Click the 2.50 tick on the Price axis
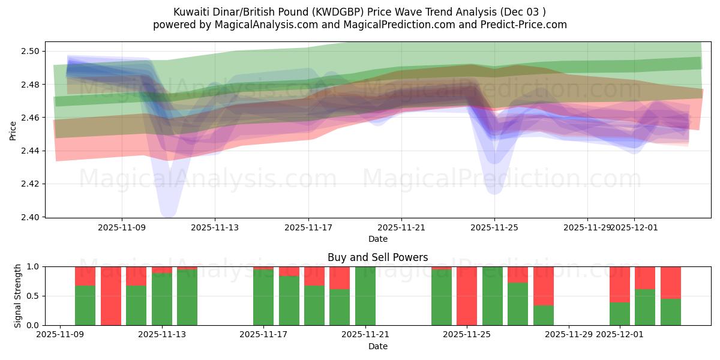(x=31, y=51)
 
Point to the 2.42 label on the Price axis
(x=31, y=184)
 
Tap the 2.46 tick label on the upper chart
(x=31, y=118)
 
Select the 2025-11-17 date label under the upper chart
(x=308, y=227)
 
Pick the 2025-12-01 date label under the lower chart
(x=619, y=335)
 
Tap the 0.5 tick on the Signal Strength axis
(x=33, y=296)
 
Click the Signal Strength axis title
(x=18, y=295)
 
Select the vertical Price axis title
(x=13, y=130)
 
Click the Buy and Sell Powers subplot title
(x=377, y=257)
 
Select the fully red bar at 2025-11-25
(x=467, y=296)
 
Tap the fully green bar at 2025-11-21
(x=365, y=296)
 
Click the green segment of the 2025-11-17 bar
(x=263, y=298)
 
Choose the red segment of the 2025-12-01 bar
(x=619, y=284)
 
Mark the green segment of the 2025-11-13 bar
(x=161, y=299)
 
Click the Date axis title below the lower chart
(x=377, y=346)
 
